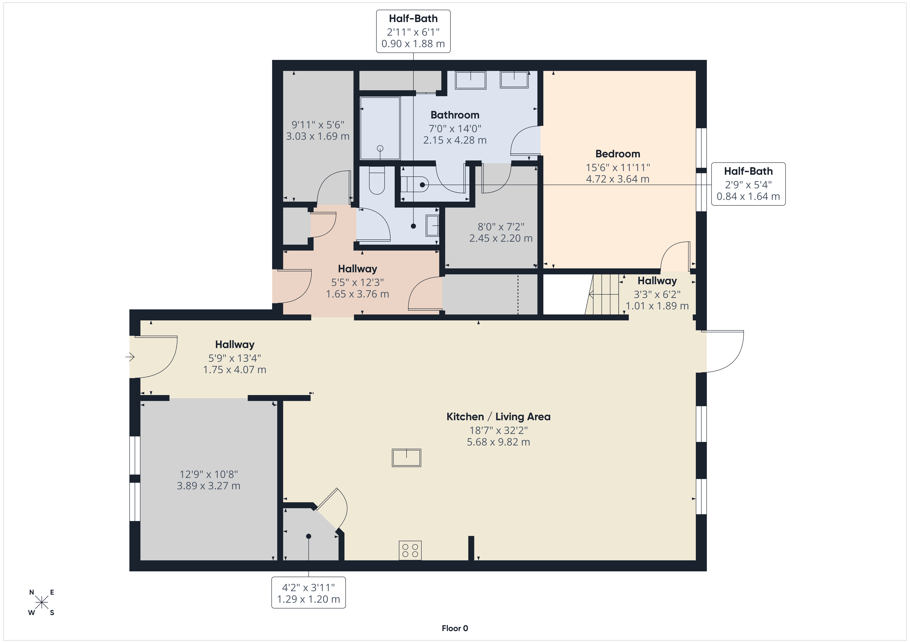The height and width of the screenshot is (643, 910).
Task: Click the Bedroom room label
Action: [618, 154]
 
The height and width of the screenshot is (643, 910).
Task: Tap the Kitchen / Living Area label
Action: [498, 417]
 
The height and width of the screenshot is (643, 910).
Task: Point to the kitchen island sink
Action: [406, 458]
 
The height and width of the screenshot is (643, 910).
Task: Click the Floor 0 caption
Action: [455, 628]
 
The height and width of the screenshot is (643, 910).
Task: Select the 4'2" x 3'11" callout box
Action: [308, 592]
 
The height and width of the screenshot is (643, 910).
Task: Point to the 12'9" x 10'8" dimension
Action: [208, 474]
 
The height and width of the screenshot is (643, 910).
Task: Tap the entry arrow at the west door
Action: [130, 357]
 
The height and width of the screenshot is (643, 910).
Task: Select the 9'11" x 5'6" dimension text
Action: [318, 125]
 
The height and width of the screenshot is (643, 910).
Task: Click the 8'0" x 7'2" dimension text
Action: [501, 227]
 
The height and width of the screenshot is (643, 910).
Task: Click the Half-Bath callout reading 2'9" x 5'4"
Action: [748, 184]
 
